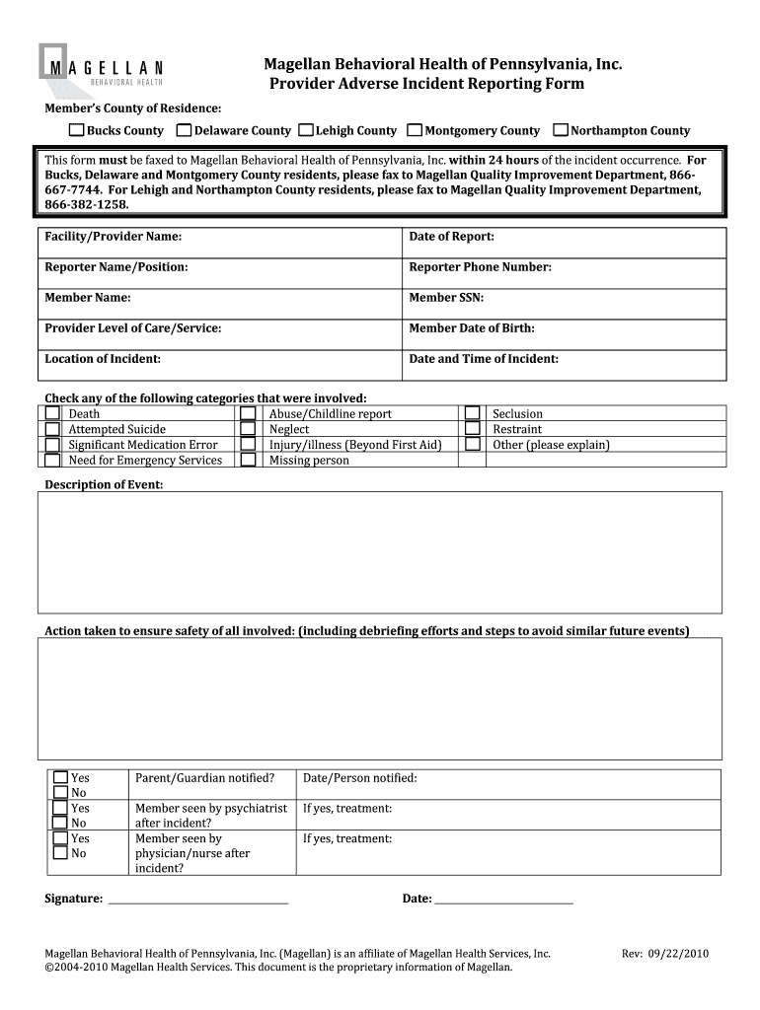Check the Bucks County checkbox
pos(76,130)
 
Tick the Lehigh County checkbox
pos(306,130)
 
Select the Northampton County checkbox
pos(562,130)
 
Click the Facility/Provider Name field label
pos(113,237)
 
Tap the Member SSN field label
pos(446,298)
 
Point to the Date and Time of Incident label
pos(484,359)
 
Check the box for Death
pos(52,414)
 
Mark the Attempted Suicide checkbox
pos(52,429)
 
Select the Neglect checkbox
pos(249,429)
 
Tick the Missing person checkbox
pos(249,460)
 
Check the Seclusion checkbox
pos(473,414)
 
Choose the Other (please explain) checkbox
pos(473,445)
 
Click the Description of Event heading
pos(104,484)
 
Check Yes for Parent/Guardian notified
pos(61,778)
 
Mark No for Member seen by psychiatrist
pos(61,823)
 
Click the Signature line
pos(197,899)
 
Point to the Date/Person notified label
pos(359,778)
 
